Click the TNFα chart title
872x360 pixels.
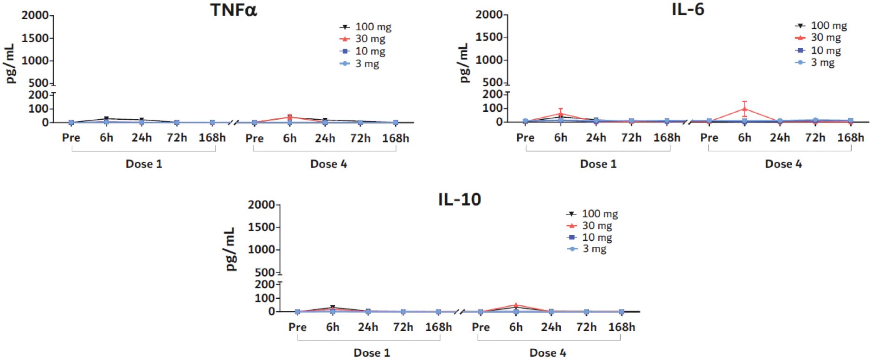pos(233,10)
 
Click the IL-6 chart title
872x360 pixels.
pos(688,9)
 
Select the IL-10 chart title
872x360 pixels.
pos(459,199)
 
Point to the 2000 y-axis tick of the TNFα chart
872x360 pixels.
pos(35,15)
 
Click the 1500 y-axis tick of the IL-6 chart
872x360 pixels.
pos(489,37)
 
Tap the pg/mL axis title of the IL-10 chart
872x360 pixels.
pos(231,249)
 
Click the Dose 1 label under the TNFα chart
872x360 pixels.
pos(144,164)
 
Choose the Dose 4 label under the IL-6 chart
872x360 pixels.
pos(783,164)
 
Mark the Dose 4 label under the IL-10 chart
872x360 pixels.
pos(547,353)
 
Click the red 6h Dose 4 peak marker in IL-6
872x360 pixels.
pos(744,109)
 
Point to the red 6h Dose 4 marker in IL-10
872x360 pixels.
pos(516,305)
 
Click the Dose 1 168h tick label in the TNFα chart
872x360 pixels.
pos(212,138)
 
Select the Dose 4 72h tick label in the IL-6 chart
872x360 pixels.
pos(815,138)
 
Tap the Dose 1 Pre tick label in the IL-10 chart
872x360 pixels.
pos(297,327)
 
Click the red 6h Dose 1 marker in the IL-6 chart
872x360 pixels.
pos(560,113)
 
